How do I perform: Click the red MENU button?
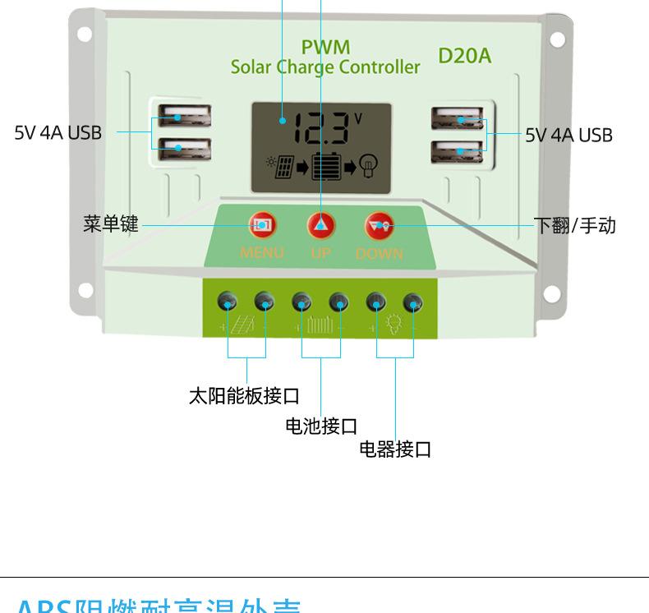(x=262, y=224)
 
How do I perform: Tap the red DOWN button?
(x=380, y=224)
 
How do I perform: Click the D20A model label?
(x=464, y=55)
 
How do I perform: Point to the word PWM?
(x=325, y=47)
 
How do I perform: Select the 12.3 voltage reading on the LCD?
(x=322, y=129)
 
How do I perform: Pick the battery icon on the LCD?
(x=325, y=167)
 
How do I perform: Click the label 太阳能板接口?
(x=244, y=396)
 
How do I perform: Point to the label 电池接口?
(x=321, y=426)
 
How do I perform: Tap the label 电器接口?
(x=395, y=449)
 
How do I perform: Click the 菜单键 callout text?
(x=111, y=224)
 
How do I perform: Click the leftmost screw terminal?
(x=228, y=302)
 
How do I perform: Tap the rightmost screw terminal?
(x=413, y=302)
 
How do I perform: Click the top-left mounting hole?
(x=85, y=35)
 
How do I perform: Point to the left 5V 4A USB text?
(x=58, y=132)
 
